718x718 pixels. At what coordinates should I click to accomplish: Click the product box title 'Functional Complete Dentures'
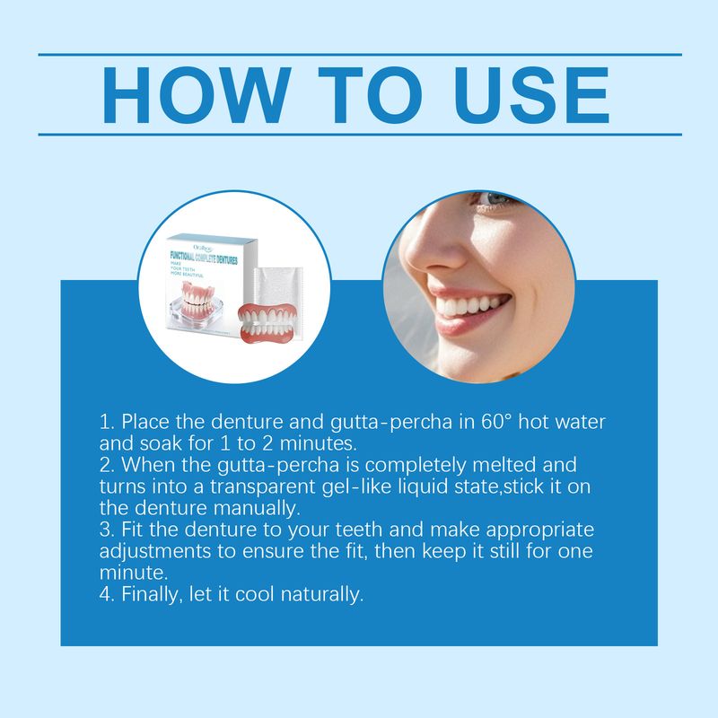tap(215, 257)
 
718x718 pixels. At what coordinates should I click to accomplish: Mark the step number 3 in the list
tap(104, 530)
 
